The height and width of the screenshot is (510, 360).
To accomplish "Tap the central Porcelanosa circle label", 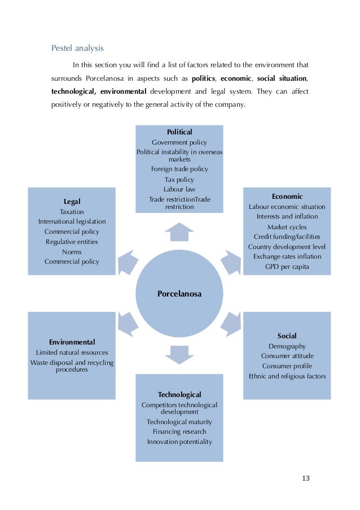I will (x=179, y=294).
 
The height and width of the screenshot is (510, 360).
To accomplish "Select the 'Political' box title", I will (x=179, y=132).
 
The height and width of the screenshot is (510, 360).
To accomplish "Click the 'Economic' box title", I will (x=287, y=197).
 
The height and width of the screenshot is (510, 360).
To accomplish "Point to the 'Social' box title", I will (x=287, y=335).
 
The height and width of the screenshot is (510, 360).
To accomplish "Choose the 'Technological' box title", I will (x=179, y=394).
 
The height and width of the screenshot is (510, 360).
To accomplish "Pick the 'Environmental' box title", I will (x=72, y=342).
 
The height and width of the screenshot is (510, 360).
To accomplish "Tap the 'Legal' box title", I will (x=72, y=201).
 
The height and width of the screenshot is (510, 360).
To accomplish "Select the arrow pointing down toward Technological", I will (x=179, y=355).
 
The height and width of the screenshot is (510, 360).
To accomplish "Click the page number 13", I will (x=306, y=478).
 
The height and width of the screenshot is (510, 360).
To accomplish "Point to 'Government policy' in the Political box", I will (x=179, y=142).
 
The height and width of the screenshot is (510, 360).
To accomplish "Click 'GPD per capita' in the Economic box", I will (x=287, y=267).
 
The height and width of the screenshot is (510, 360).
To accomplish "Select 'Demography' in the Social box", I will (x=287, y=346).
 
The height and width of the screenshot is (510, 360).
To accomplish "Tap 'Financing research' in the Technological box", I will (x=179, y=431).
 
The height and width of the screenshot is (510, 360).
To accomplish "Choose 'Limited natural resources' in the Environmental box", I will (x=72, y=352).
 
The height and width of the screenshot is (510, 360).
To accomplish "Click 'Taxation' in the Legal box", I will (x=72, y=212).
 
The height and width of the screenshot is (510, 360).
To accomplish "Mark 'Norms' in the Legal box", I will (x=72, y=252).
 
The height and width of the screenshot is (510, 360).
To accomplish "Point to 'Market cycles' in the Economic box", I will (x=287, y=226).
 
